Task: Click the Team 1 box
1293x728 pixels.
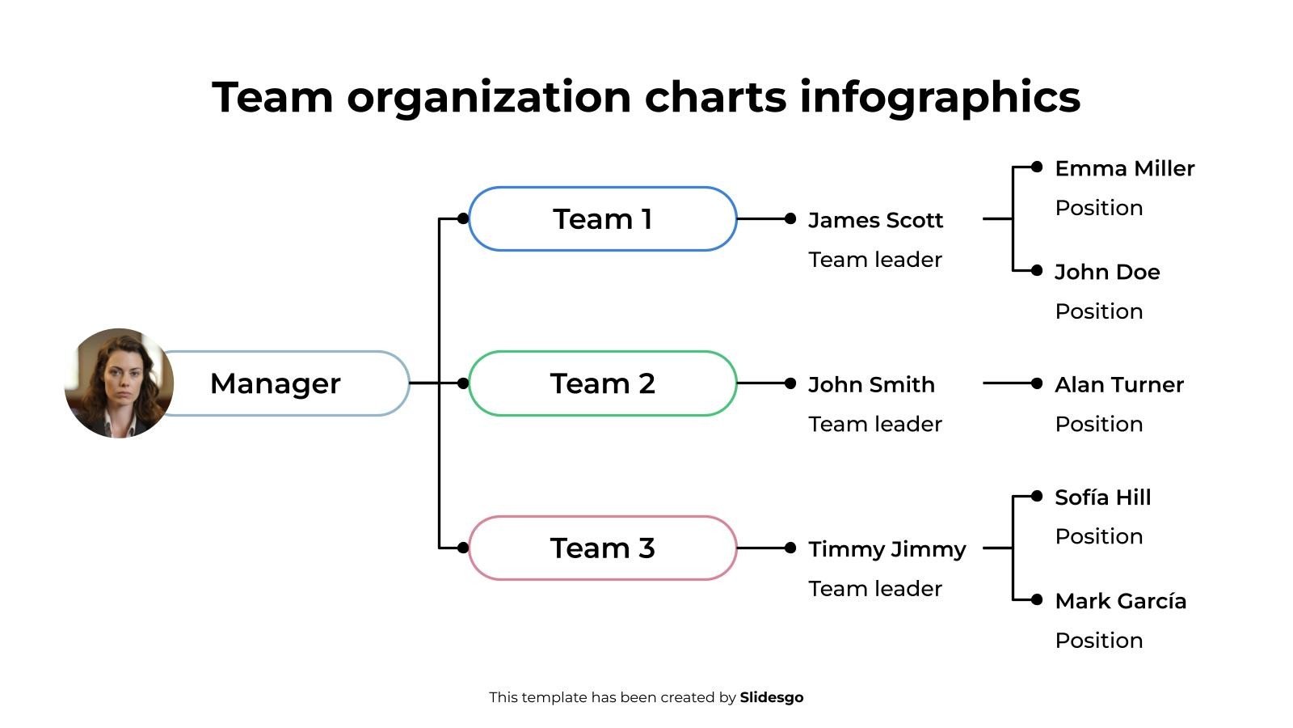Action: click(x=602, y=219)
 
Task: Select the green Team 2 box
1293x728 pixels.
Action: click(x=602, y=383)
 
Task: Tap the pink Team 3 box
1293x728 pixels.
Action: click(x=602, y=548)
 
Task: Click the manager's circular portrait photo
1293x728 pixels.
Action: click(x=119, y=383)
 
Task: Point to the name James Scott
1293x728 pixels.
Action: click(x=875, y=220)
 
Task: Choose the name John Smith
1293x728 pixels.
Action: click(x=871, y=384)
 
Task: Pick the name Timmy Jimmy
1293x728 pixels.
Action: click(x=887, y=549)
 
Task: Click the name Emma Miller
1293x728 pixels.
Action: click(x=1124, y=168)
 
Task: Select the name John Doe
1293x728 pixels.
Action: click(x=1107, y=272)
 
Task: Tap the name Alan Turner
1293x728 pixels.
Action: click(x=1118, y=384)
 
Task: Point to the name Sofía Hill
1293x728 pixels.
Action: click(x=1102, y=497)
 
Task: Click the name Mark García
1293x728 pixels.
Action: click(x=1120, y=601)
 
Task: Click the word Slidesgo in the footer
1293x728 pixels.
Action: click(x=771, y=697)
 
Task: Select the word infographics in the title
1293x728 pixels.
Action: click(x=940, y=97)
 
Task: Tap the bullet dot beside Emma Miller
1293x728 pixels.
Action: click(x=1037, y=167)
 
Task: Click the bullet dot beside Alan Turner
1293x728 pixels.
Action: click(x=1037, y=383)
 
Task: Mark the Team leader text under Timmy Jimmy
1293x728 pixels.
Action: click(x=875, y=589)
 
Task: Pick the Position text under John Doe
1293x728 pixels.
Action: click(x=1098, y=311)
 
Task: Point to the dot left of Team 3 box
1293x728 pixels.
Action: click(x=462, y=548)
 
